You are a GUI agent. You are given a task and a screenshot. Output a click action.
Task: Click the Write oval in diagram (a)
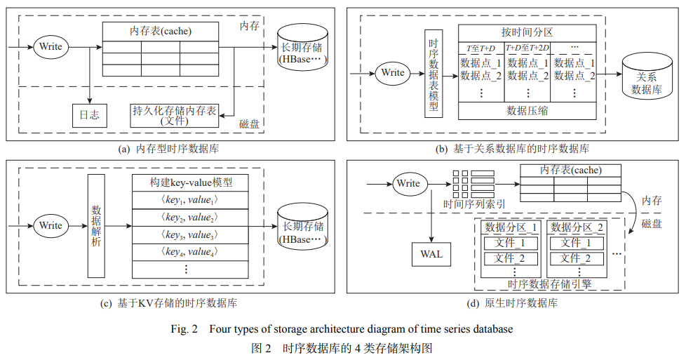pos(51,47)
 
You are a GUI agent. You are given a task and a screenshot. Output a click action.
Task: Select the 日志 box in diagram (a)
pos(89,114)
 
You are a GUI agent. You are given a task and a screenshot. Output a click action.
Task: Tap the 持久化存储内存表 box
pos(175,116)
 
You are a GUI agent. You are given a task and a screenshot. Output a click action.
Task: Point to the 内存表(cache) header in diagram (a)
pos(161,32)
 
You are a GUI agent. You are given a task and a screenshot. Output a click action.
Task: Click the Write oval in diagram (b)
pos(393,72)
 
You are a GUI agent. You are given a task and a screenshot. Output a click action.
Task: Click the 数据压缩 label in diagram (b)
pos(527,110)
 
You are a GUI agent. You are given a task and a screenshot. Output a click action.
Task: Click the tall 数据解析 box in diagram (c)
pos(96,225)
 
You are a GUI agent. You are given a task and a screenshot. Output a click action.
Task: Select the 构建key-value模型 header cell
pos(191,182)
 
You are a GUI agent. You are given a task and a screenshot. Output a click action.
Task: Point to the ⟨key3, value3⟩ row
pos(191,234)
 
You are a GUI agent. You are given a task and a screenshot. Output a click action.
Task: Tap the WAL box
pos(431,253)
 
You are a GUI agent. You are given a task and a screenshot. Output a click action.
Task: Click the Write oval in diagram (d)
pos(408,183)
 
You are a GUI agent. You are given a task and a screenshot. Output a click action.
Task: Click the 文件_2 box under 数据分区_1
pos(511,258)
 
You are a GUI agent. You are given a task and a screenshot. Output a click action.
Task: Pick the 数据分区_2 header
pos(574,227)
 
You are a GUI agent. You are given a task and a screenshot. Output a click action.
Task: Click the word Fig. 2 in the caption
pos(185,329)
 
